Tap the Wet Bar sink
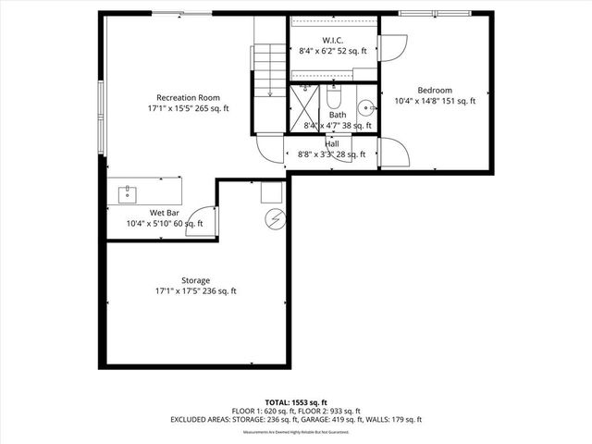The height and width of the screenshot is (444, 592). (128, 194)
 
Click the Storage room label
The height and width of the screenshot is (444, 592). (195, 280)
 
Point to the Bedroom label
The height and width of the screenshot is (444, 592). (434, 91)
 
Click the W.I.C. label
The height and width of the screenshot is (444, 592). (333, 40)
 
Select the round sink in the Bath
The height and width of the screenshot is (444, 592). (365, 105)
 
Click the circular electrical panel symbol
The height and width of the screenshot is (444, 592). (276, 219)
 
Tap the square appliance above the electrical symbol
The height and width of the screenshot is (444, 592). (270, 192)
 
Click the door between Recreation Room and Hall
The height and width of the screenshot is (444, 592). (266, 148)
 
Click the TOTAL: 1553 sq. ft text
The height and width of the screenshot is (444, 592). (295, 402)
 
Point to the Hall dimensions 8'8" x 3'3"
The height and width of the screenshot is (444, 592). (331, 154)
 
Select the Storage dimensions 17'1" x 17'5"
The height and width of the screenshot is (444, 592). (195, 291)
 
